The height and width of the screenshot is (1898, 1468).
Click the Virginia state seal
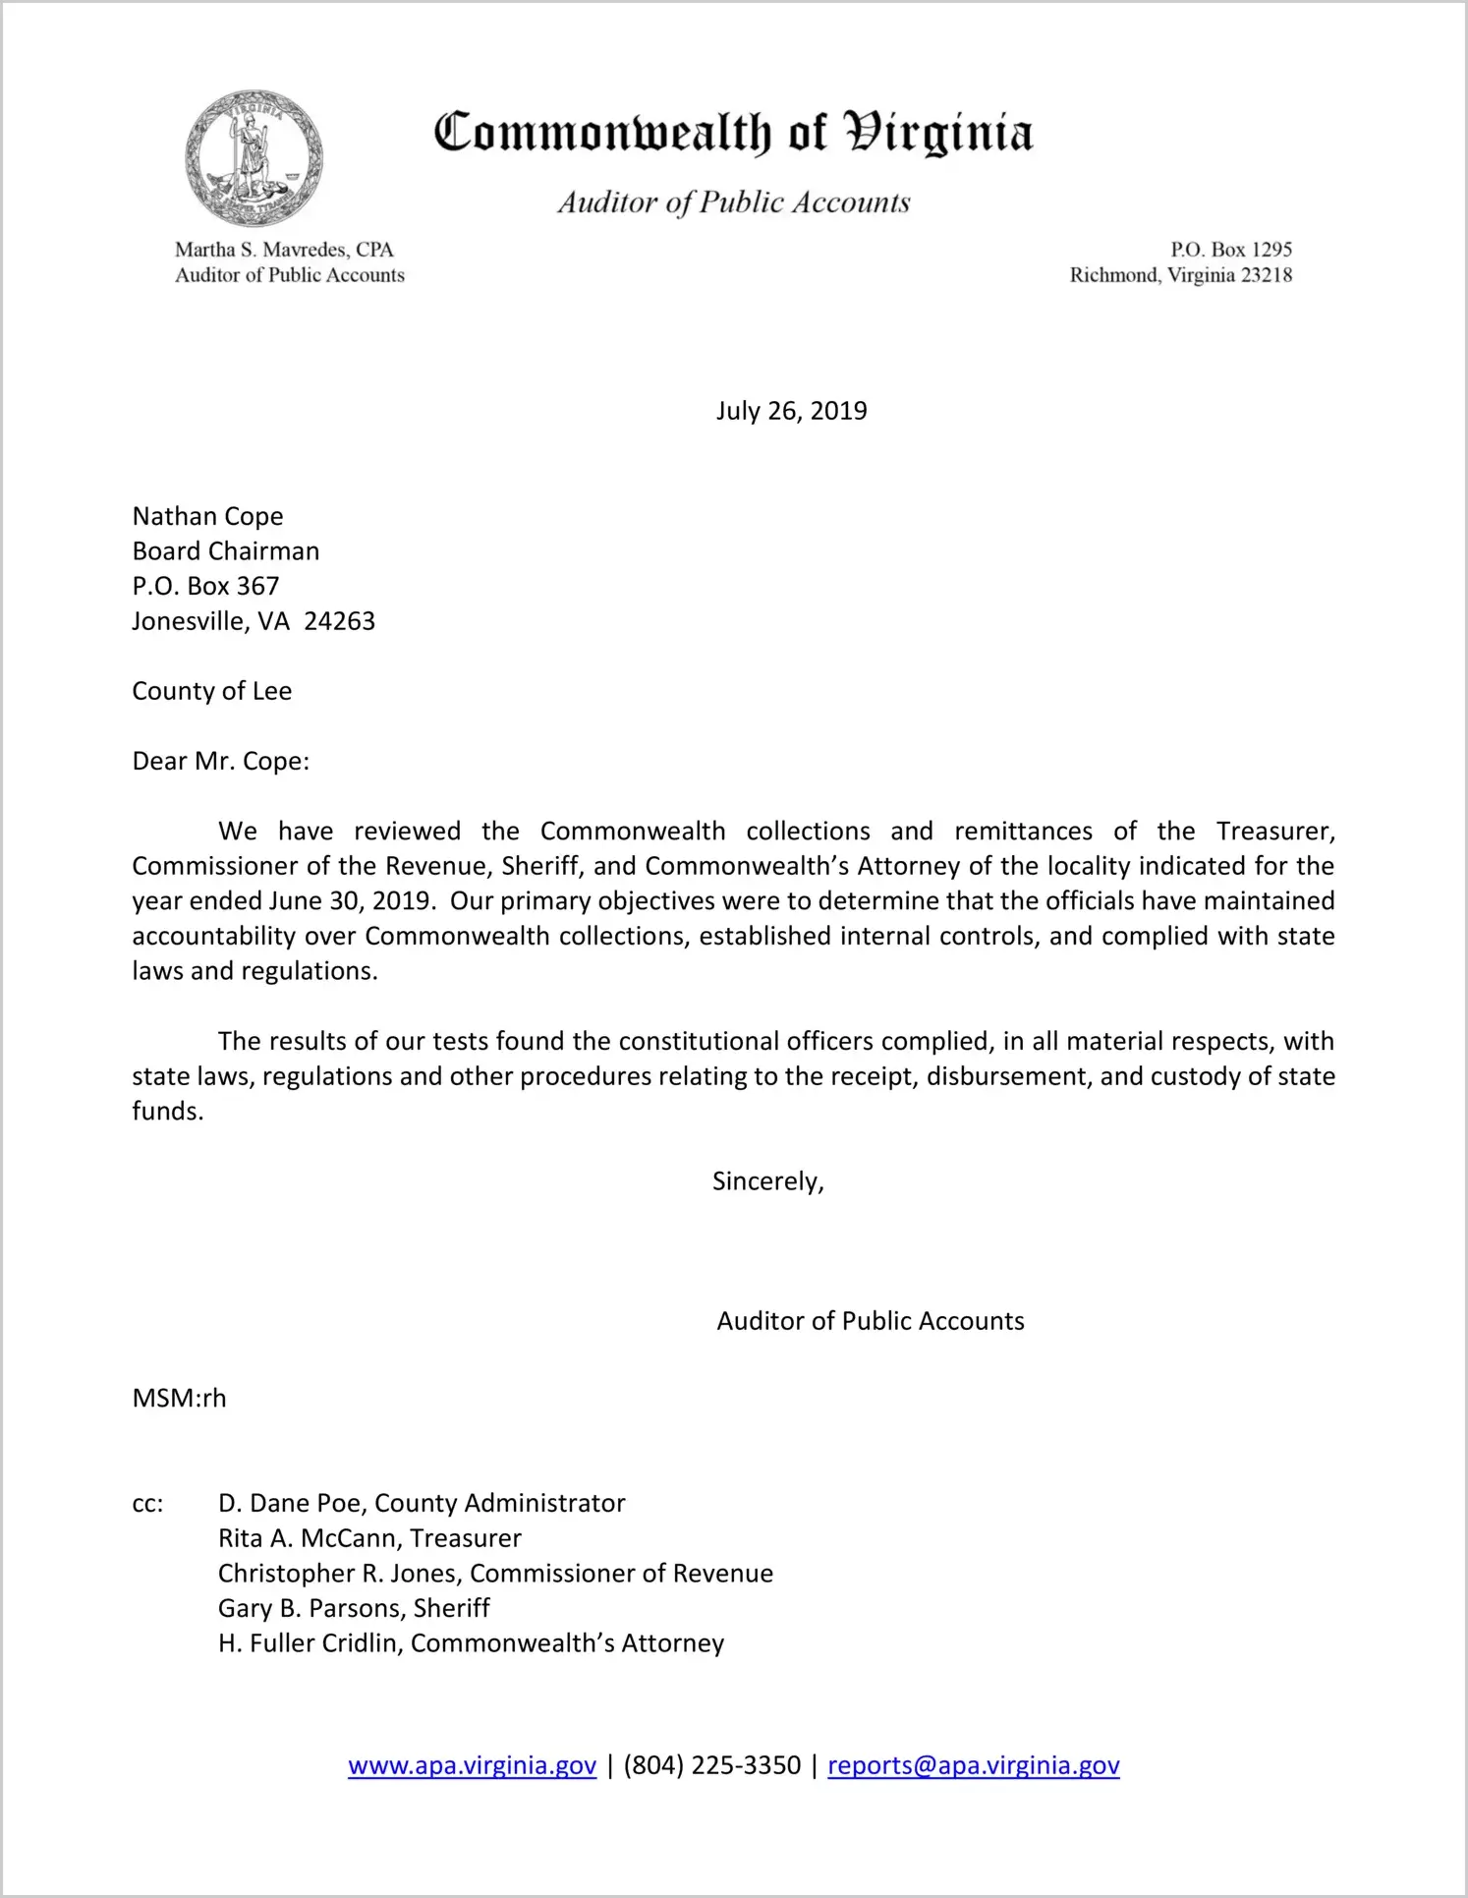click(x=254, y=158)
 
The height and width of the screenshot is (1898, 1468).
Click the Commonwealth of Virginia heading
click(x=733, y=133)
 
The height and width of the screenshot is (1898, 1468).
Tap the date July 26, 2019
click(x=791, y=411)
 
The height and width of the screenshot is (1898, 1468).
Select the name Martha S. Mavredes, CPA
click(x=284, y=250)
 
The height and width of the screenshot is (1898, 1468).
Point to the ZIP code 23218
click(x=1267, y=275)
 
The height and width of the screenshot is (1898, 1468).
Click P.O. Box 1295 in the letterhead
click(x=1230, y=250)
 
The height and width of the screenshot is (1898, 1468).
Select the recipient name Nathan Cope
click(x=207, y=516)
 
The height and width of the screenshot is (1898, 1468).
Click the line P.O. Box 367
click(x=205, y=586)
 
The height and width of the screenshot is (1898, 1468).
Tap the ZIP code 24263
click(x=339, y=621)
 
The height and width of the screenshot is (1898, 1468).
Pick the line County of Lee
click(x=211, y=691)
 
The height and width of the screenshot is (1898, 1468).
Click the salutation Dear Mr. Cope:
click(x=220, y=762)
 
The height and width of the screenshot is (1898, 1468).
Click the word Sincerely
click(x=766, y=1181)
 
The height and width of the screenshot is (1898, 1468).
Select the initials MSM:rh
click(x=179, y=1399)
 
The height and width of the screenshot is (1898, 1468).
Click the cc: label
click(x=147, y=1504)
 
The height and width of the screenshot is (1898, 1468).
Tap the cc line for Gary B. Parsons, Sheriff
click(x=354, y=1608)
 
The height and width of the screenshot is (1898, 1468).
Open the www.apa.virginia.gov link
click(x=472, y=1765)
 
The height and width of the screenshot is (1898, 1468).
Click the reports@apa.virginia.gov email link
click(x=973, y=1765)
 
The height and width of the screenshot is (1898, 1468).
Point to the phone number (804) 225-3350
click(x=711, y=1765)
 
